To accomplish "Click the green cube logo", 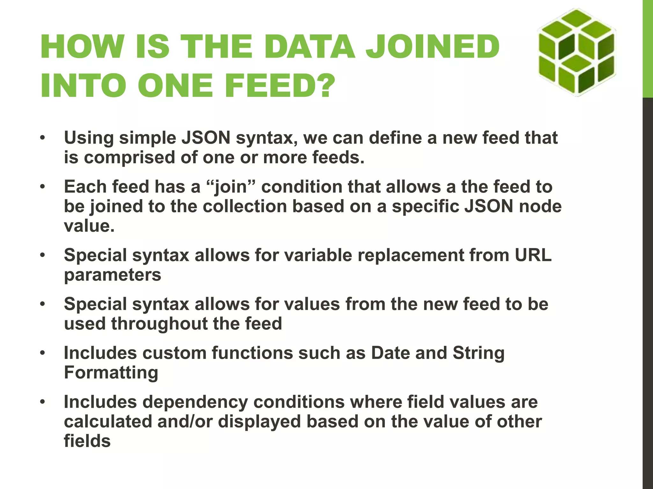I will [576, 53].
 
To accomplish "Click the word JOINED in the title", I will [432, 47].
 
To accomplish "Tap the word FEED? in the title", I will [280, 85].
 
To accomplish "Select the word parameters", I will [113, 275].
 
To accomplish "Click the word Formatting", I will [111, 373].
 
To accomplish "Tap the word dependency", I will [195, 402].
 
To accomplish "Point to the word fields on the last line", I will [87, 441].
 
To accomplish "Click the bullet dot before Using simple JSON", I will [42, 138].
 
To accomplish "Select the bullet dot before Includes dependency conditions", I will [42, 402].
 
